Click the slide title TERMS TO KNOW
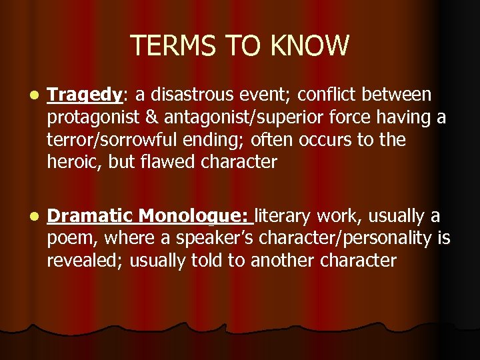[x=239, y=46]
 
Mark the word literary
[x=285, y=216]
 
